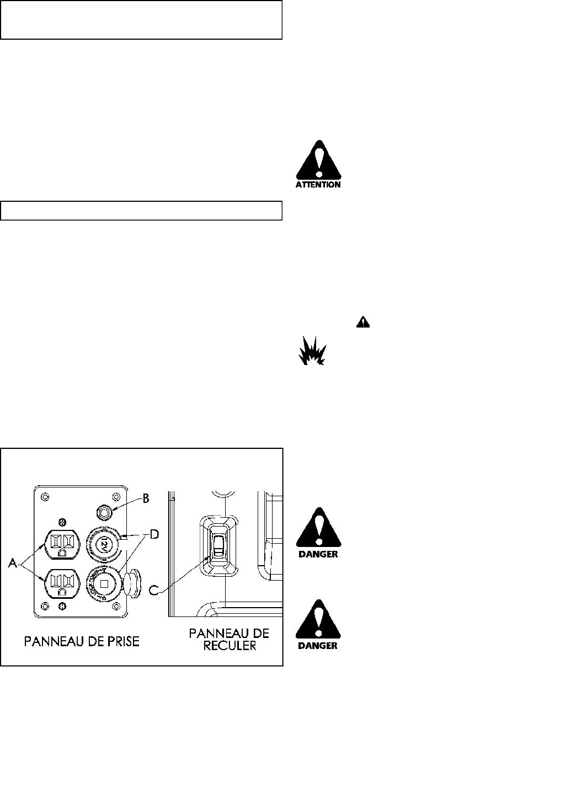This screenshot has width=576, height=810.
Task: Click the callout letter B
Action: click(146, 498)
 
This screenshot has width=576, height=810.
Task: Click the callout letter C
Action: click(155, 591)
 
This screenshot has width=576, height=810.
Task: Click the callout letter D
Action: click(156, 535)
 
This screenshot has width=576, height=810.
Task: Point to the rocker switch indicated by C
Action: click(218, 547)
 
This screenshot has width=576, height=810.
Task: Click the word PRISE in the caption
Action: click(118, 641)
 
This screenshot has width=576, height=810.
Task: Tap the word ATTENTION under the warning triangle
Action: click(318, 185)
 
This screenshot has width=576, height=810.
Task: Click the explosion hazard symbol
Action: click(312, 351)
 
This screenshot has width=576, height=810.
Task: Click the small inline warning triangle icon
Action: click(362, 323)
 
